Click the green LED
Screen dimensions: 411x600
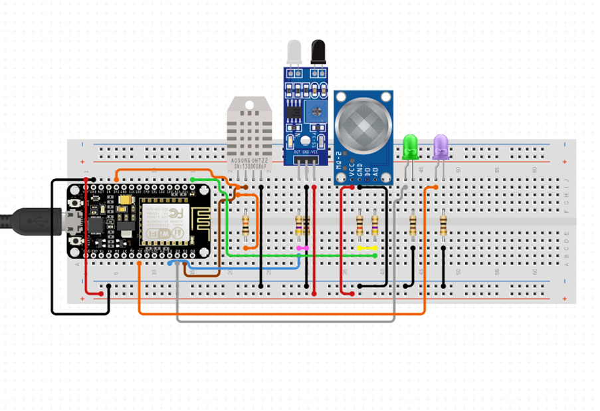coord(410,146)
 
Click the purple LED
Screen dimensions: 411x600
coord(441,146)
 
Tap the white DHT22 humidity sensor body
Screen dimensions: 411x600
coord(250,126)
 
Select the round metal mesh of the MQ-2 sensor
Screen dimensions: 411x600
coord(363,127)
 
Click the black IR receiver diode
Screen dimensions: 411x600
coord(318,52)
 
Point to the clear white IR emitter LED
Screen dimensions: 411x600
coord(294,52)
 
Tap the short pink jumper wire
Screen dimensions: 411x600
coord(302,248)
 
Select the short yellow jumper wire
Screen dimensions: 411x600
coord(367,248)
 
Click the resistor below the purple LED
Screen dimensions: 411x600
coord(443,224)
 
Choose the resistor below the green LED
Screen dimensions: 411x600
coord(413,224)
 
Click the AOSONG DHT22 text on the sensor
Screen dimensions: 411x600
coord(249,162)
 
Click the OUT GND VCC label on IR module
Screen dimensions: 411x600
coord(306,152)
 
